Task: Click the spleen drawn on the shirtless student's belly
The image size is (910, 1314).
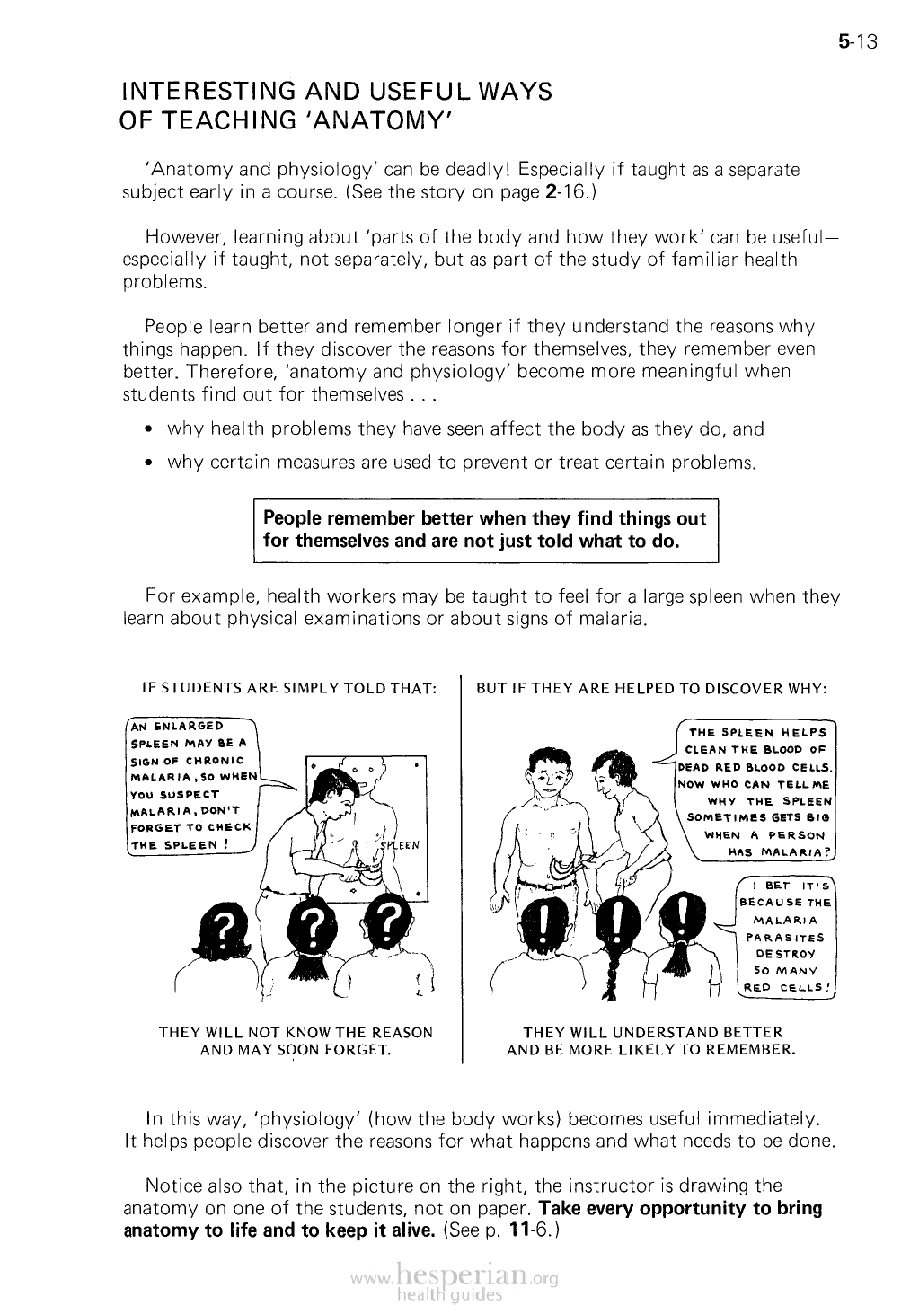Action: click(562, 866)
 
